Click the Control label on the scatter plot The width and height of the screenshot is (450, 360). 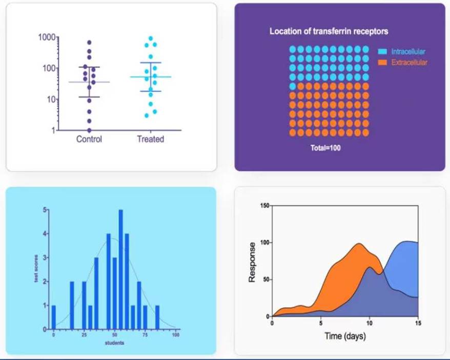click(89, 139)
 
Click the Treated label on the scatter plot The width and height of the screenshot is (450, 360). click(150, 139)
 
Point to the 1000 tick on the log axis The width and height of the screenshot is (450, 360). click(47, 37)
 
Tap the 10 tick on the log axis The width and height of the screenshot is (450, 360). click(50, 99)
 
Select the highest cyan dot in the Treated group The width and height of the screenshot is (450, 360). click(151, 38)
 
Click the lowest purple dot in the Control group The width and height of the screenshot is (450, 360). click(89, 130)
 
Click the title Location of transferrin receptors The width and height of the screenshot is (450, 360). click(329, 31)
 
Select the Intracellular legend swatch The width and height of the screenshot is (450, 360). click(382, 52)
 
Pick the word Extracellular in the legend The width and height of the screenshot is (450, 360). click(409, 63)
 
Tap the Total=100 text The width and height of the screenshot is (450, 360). click(325, 148)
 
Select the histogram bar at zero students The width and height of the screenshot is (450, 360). click(54, 317)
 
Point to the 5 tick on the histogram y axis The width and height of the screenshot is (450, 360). click(45, 210)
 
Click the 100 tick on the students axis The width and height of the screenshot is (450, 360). click(175, 335)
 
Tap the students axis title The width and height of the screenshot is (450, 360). click(114, 343)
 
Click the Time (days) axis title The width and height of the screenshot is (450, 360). click(345, 336)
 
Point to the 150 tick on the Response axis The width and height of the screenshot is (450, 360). click(264, 206)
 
